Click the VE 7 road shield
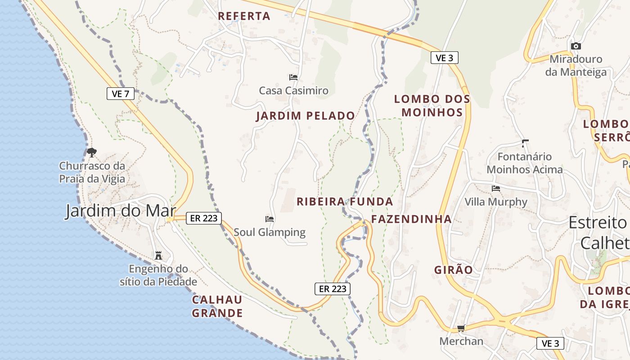121,94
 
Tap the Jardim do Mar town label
120,211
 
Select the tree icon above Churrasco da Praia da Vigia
92,153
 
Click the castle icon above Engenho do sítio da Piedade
158,256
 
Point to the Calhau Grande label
217,306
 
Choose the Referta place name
244,16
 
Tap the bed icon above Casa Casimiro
293,77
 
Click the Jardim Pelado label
306,116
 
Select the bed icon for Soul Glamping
270,219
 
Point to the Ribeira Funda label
345,202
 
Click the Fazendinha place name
411,219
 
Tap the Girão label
454,270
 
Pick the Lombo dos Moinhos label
432,105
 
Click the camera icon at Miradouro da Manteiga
576,46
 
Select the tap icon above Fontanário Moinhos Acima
525,144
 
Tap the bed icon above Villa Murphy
496,189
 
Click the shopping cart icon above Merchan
461,328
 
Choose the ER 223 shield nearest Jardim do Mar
204,218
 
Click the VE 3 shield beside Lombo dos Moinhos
445,58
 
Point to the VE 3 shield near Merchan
550,343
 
